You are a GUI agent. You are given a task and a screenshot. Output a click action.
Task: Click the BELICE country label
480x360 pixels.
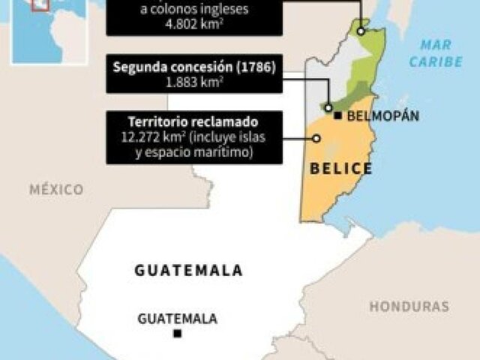[341, 168]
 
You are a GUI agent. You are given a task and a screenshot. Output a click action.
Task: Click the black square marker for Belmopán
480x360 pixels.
[339, 115]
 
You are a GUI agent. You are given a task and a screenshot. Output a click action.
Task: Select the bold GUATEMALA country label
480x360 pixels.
[188, 271]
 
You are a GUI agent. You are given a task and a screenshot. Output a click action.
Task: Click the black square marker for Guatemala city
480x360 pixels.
[177, 334]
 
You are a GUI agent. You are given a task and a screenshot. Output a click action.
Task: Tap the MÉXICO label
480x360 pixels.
[56, 190]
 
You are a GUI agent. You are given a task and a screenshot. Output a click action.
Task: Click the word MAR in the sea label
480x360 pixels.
[436, 45]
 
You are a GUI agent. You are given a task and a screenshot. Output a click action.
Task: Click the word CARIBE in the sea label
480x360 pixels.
[436, 61]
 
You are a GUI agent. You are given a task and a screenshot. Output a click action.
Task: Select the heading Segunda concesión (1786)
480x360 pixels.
[194, 67]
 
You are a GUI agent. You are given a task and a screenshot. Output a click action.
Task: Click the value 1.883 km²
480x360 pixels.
[194, 81]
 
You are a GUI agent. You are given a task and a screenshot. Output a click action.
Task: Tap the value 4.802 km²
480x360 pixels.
[194, 24]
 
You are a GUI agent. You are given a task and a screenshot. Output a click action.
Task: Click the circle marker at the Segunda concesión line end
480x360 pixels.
[328, 107]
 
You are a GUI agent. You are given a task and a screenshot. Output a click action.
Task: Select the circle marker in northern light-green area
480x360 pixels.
[361, 32]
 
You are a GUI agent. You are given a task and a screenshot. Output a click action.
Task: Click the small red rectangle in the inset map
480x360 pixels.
[40, 4]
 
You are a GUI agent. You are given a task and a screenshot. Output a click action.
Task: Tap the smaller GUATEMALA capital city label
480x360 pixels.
[177, 319]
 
